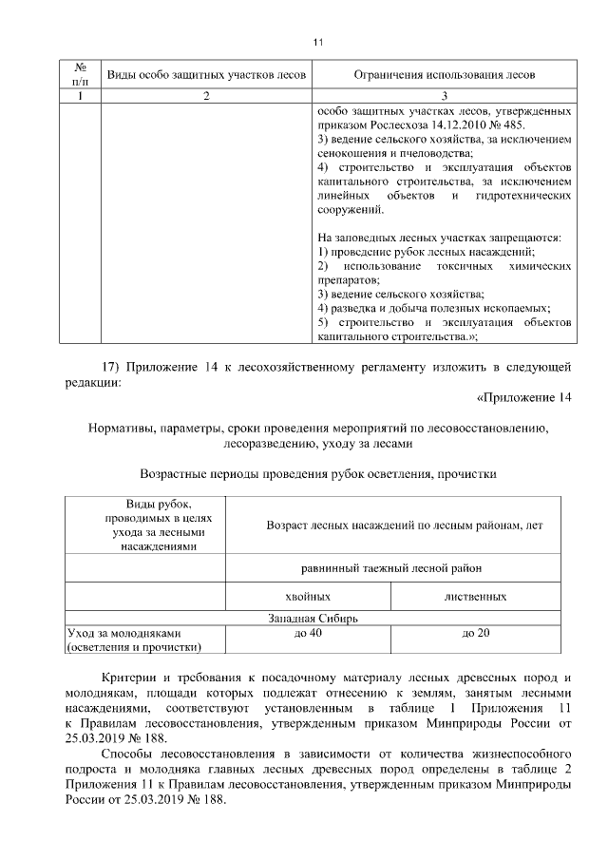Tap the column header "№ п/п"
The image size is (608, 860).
pyautogui.click(x=81, y=74)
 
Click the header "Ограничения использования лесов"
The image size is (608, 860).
pyautogui.click(x=444, y=74)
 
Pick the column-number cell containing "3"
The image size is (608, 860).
pyautogui.click(x=444, y=96)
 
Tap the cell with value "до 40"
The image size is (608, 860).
pyautogui.click(x=308, y=633)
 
